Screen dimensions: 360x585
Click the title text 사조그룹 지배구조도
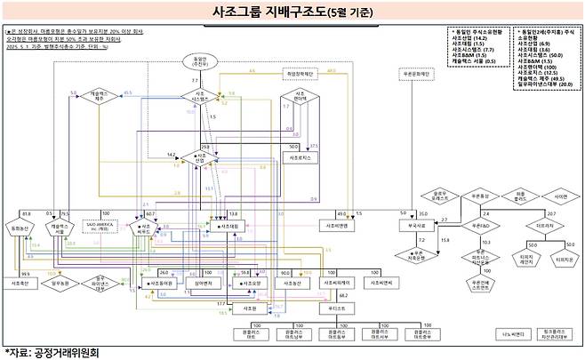click(280, 12)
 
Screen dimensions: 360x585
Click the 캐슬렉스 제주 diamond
click(100, 96)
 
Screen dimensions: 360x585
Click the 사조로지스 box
click(296, 157)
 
